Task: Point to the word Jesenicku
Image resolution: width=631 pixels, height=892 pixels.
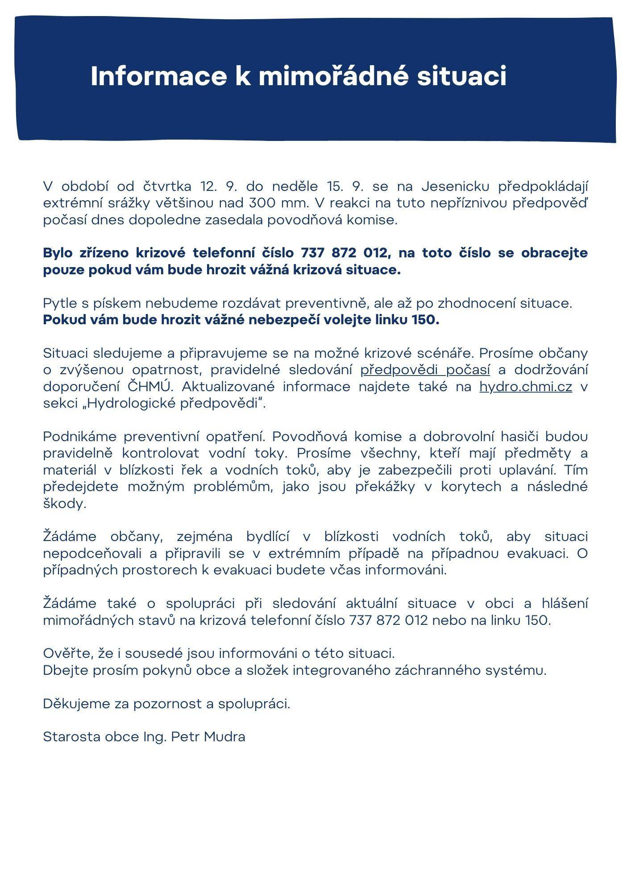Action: pyautogui.click(x=456, y=186)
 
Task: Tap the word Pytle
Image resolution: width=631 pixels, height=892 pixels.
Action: pyautogui.click(x=60, y=304)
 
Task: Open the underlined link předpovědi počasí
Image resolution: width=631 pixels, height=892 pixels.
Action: pyautogui.click(x=425, y=370)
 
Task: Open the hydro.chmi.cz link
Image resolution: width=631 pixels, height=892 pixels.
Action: pyautogui.click(x=526, y=387)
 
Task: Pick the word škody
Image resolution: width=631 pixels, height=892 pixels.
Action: pyautogui.click(x=65, y=504)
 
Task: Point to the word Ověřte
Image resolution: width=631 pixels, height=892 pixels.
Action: pyautogui.click(x=67, y=653)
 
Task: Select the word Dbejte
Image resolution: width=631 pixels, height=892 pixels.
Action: pyautogui.click(x=66, y=670)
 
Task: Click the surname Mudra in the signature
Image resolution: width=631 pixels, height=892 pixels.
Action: pyautogui.click(x=224, y=737)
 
